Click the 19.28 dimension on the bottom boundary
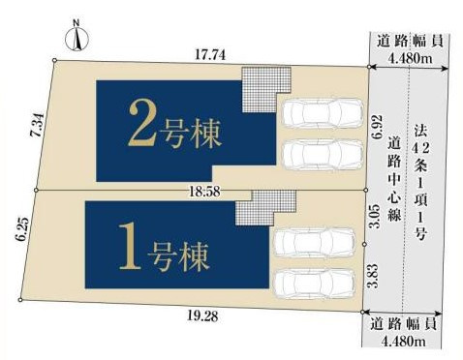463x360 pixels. click(204, 314)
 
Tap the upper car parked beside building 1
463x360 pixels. click(312, 243)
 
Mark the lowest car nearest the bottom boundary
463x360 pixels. click(312, 283)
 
